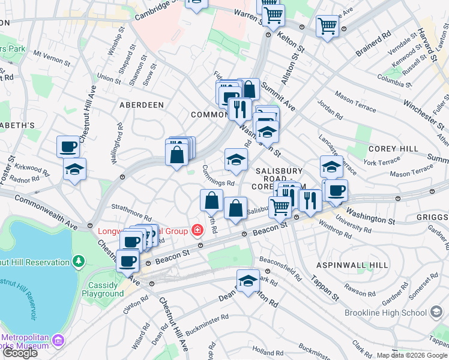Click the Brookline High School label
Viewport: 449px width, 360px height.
click(x=385, y=313)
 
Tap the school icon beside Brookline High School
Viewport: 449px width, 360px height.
click(x=436, y=312)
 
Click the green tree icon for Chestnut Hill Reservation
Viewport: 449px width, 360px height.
click(x=78, y=262)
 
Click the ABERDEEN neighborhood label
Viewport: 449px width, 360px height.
click(x=142, y=105)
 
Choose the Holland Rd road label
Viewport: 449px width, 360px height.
click(x=267, y=350)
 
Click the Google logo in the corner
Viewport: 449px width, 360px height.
click(x=20, y=353)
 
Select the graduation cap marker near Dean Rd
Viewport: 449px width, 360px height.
click(x=248, y=280)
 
